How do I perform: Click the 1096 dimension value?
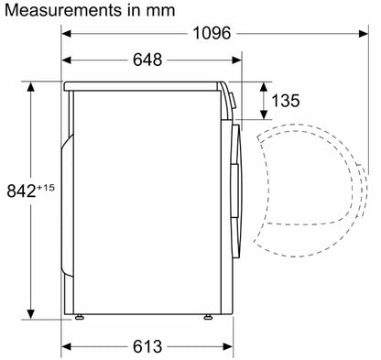212,33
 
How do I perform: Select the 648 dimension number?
147,60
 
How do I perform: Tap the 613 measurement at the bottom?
147,346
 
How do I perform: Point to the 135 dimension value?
286,101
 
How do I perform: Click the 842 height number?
21,191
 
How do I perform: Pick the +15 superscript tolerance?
46,187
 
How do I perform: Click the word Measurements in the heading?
63,10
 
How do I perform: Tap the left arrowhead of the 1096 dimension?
66,33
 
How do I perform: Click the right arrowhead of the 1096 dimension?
364,33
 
